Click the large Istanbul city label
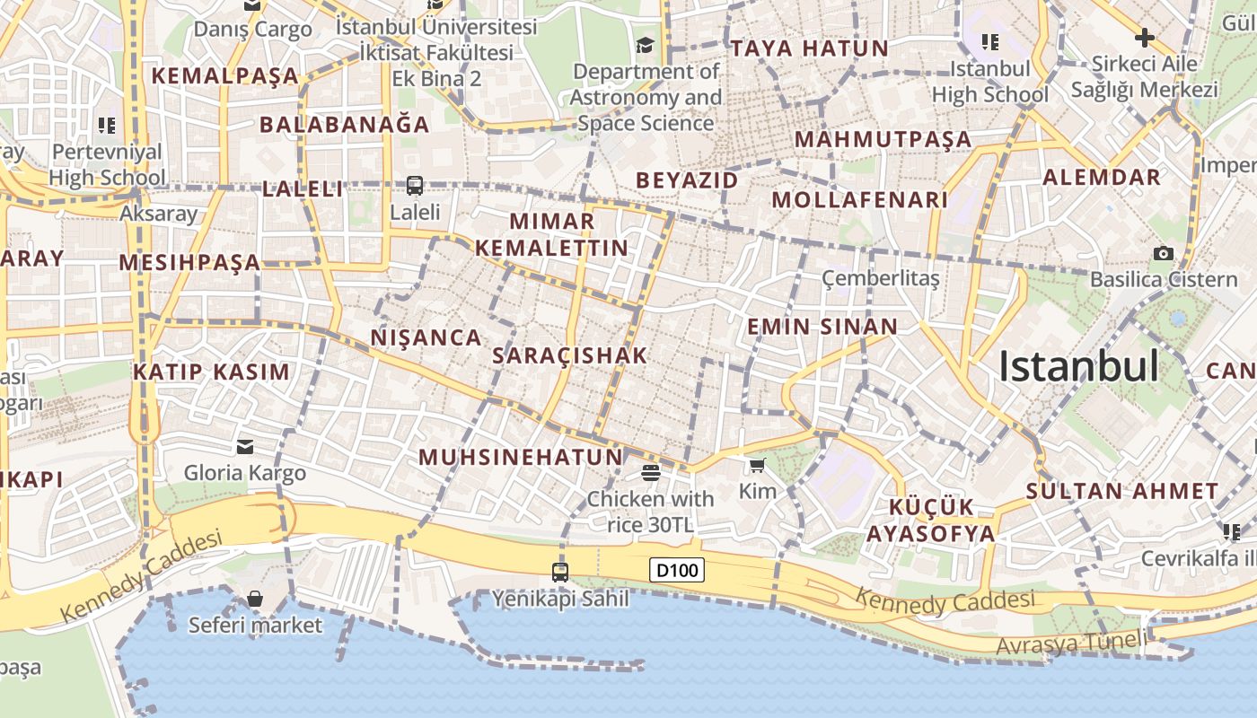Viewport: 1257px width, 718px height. (x=1078, y=366)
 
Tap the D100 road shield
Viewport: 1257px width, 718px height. (x=676, y=570)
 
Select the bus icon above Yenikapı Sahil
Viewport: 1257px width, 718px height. (x=560, y=572)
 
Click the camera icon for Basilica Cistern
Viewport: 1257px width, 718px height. (x=1164, y=253)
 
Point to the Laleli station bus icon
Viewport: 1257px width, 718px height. (x=415, y=186)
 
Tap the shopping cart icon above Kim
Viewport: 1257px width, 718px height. (x=757, y=465)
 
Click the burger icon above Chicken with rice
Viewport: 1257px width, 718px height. (x=651, y=472)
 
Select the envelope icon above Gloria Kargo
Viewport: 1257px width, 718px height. (x=244, y=447)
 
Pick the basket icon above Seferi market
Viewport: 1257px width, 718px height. (x=255, y=599)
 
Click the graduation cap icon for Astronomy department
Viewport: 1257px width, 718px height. (x=645, y=45)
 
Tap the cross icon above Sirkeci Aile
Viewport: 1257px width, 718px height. (x=1144, y=38)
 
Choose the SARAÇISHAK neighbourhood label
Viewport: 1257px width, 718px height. (x=569, y=355)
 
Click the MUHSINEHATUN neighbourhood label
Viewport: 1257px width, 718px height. (x=520, y=457)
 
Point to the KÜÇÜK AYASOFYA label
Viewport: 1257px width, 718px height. (x=930, y=520)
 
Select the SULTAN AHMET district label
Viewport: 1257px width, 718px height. (x=1122, y=491)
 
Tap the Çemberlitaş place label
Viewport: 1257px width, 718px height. (x=881, y=278)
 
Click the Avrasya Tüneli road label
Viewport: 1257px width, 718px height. (x=1071, y=642)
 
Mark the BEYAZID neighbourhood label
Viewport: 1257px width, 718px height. (x=687, y=180)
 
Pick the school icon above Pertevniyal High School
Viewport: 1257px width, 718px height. (x=107, y=125)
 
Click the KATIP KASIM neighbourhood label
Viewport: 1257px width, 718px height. (x=212, y=372)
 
